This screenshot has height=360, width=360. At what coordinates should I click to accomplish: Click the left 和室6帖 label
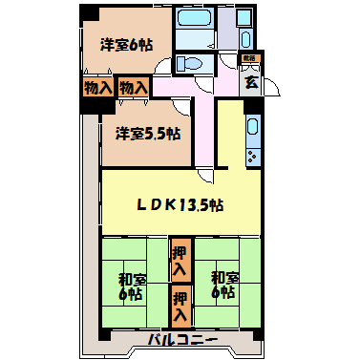131,286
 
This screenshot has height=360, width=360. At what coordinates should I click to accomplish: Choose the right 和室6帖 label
224,286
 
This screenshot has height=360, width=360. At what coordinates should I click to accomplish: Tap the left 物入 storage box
97,88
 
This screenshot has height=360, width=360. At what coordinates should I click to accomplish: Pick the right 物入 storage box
134,88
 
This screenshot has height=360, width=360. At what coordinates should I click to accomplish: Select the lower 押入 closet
179,306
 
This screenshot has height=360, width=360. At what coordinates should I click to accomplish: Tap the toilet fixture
190,64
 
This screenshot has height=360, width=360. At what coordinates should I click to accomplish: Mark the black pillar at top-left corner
89,14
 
